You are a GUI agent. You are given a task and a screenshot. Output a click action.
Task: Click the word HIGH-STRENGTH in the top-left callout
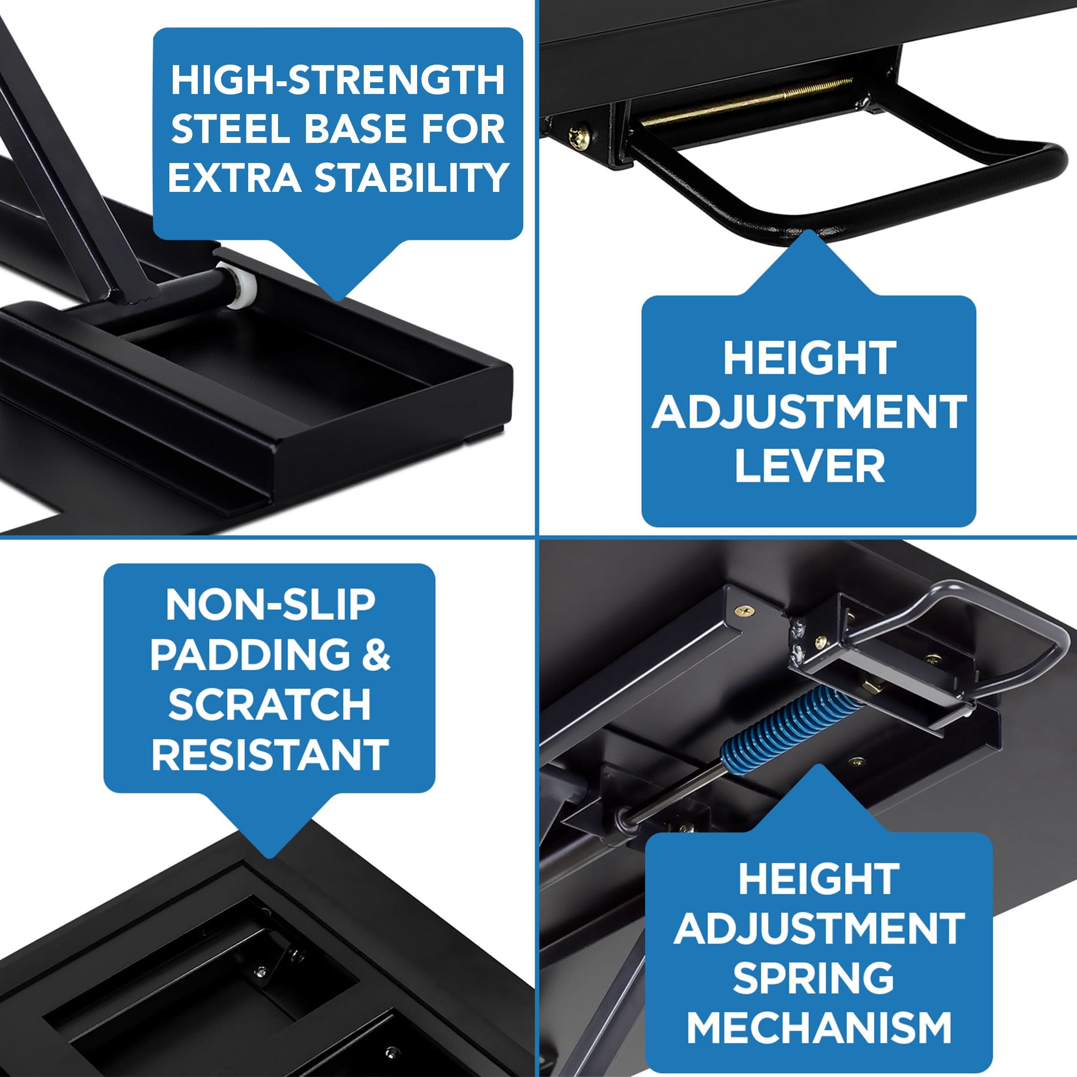tap(338, 80)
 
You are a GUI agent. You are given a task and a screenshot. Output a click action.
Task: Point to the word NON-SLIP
tap(270, 605)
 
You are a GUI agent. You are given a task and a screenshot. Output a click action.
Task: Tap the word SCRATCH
tap(270, 704)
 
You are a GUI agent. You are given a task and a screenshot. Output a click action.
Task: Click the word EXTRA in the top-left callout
tap(234, 177)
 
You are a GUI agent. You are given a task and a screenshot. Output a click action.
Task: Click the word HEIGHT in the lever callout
tap(809, 359)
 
